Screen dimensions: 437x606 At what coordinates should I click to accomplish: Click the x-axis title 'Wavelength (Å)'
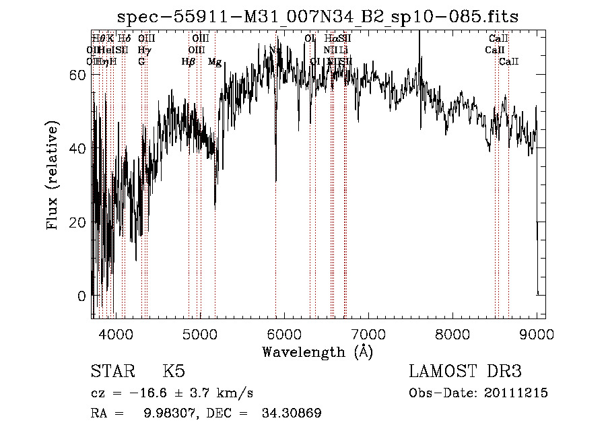pyautogui.click(x=317, y=351)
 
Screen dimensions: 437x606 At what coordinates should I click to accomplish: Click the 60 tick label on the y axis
pyautogui.click(x=79, y=75)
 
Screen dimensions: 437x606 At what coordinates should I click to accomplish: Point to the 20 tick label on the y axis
pyautogui.click(x=79, y=222)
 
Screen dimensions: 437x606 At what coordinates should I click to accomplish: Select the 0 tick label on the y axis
pyautogui.click(x=83, y=296)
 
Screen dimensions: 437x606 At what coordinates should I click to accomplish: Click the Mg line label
pyautogui.click(x=215, y=62)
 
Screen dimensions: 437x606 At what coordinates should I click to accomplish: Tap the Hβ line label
pyautogui.click(x=189, y=62)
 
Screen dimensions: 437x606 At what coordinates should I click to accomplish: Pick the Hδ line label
pyautogui.click(x=124, y=39)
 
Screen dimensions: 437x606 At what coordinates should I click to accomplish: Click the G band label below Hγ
pyautogui.click(x=141, y=62)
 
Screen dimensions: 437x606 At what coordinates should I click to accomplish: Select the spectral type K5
pyautogui.click(x=174, y=372)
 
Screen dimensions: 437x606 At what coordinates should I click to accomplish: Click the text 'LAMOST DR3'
pyautogui.click(x=465, y=372)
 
